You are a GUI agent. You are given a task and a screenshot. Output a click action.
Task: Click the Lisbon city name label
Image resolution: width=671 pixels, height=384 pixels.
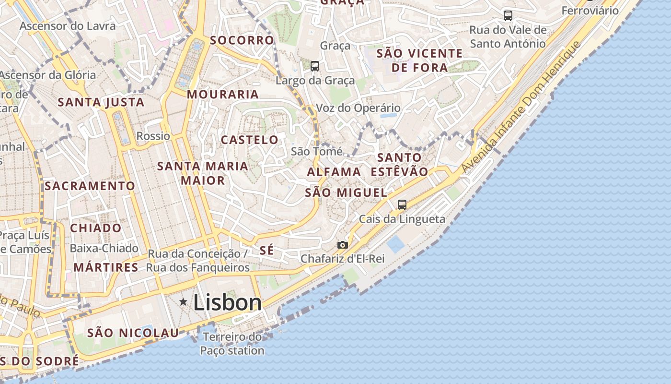[x=227, y=302]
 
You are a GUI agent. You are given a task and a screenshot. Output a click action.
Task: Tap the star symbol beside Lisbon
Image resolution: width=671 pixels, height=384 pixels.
[x=183, y=302]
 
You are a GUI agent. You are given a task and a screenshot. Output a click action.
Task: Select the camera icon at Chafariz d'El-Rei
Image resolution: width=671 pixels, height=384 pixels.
[x=342, y=245]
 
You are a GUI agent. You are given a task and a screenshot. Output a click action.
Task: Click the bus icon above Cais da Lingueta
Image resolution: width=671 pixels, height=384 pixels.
[x=402, y=205]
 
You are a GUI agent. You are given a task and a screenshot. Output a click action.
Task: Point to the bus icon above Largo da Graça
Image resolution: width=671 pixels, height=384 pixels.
[x=314, y=66]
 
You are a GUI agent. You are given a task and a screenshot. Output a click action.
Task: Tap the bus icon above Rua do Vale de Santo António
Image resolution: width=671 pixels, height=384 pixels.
[x=508, y=15]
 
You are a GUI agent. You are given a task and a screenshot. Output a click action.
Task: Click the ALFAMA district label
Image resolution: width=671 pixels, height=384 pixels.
[x=334, y=172]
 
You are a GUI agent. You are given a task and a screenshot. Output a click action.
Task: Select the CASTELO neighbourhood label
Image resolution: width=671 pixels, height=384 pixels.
[x=249, y=140]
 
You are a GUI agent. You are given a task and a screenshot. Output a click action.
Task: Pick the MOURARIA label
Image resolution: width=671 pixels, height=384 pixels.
[x=223, y=94]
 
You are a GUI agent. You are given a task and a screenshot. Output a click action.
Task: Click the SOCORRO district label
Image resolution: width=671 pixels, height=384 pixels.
[x=242, y=40]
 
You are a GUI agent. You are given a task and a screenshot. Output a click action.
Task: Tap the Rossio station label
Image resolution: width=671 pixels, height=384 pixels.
[x=153, y=136]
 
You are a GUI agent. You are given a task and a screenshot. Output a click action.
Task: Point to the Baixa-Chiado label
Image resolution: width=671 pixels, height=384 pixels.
[x=104, y=248]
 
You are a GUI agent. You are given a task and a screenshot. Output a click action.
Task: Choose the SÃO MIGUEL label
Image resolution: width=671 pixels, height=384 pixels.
[x=346, y=193]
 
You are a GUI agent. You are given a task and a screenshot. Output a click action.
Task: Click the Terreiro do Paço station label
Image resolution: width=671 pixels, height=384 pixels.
[x=232, y=344]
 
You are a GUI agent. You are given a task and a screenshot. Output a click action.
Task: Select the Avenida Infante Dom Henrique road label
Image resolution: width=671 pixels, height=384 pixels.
[x=521, y=107]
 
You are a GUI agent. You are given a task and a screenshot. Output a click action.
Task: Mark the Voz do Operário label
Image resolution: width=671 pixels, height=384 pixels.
[x=358, y=108]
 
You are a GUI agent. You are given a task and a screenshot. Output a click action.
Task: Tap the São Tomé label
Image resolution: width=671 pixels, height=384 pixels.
[x=317, y=152]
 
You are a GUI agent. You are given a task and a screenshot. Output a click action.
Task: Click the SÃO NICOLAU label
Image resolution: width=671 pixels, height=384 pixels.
[x=133, y=333]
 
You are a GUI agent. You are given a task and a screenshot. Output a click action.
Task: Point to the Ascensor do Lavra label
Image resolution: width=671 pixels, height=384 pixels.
[x=68, y=26]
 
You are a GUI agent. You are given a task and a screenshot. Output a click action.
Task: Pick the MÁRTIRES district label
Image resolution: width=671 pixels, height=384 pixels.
[x=106, y=267]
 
